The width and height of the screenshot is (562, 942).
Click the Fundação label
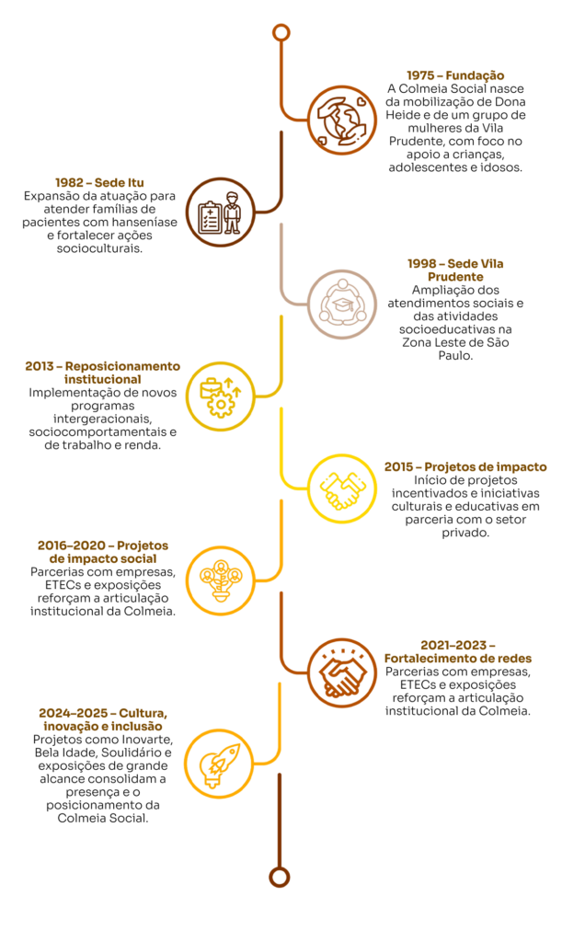click(x=455, y=75)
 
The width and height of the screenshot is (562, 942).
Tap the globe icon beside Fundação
click(x=342, y=120)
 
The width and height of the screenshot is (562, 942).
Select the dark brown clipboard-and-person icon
click(x=220, y=213)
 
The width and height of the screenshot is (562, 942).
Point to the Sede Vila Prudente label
click(x=455, y=270)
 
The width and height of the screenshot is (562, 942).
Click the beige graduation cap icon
click(x=342, y=304)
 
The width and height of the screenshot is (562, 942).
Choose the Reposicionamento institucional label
click(x=103, y=372)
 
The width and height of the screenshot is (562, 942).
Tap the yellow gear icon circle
click(x=220, y=396)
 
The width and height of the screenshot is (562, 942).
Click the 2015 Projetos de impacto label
click(x=465, y=467)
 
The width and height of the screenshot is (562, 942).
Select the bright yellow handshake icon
click(x=342, y=488)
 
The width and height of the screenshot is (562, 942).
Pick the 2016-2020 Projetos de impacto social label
click(x=103, y=552)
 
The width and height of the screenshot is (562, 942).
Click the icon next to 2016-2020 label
click(x=220, y=580)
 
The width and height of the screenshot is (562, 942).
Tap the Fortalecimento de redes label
click(x=458, y=651)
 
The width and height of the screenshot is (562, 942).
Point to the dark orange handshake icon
click(x=342, y=672)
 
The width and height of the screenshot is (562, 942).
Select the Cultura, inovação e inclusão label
click(x=103, y=719)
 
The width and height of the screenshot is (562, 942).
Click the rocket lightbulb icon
click(x=219, y=764)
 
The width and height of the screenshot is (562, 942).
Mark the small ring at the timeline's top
click(x=281, y=33)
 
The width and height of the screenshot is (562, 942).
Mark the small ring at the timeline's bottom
click(x=280, y=877)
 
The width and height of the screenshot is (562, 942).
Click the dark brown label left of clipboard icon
click(x=99, y=183)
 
